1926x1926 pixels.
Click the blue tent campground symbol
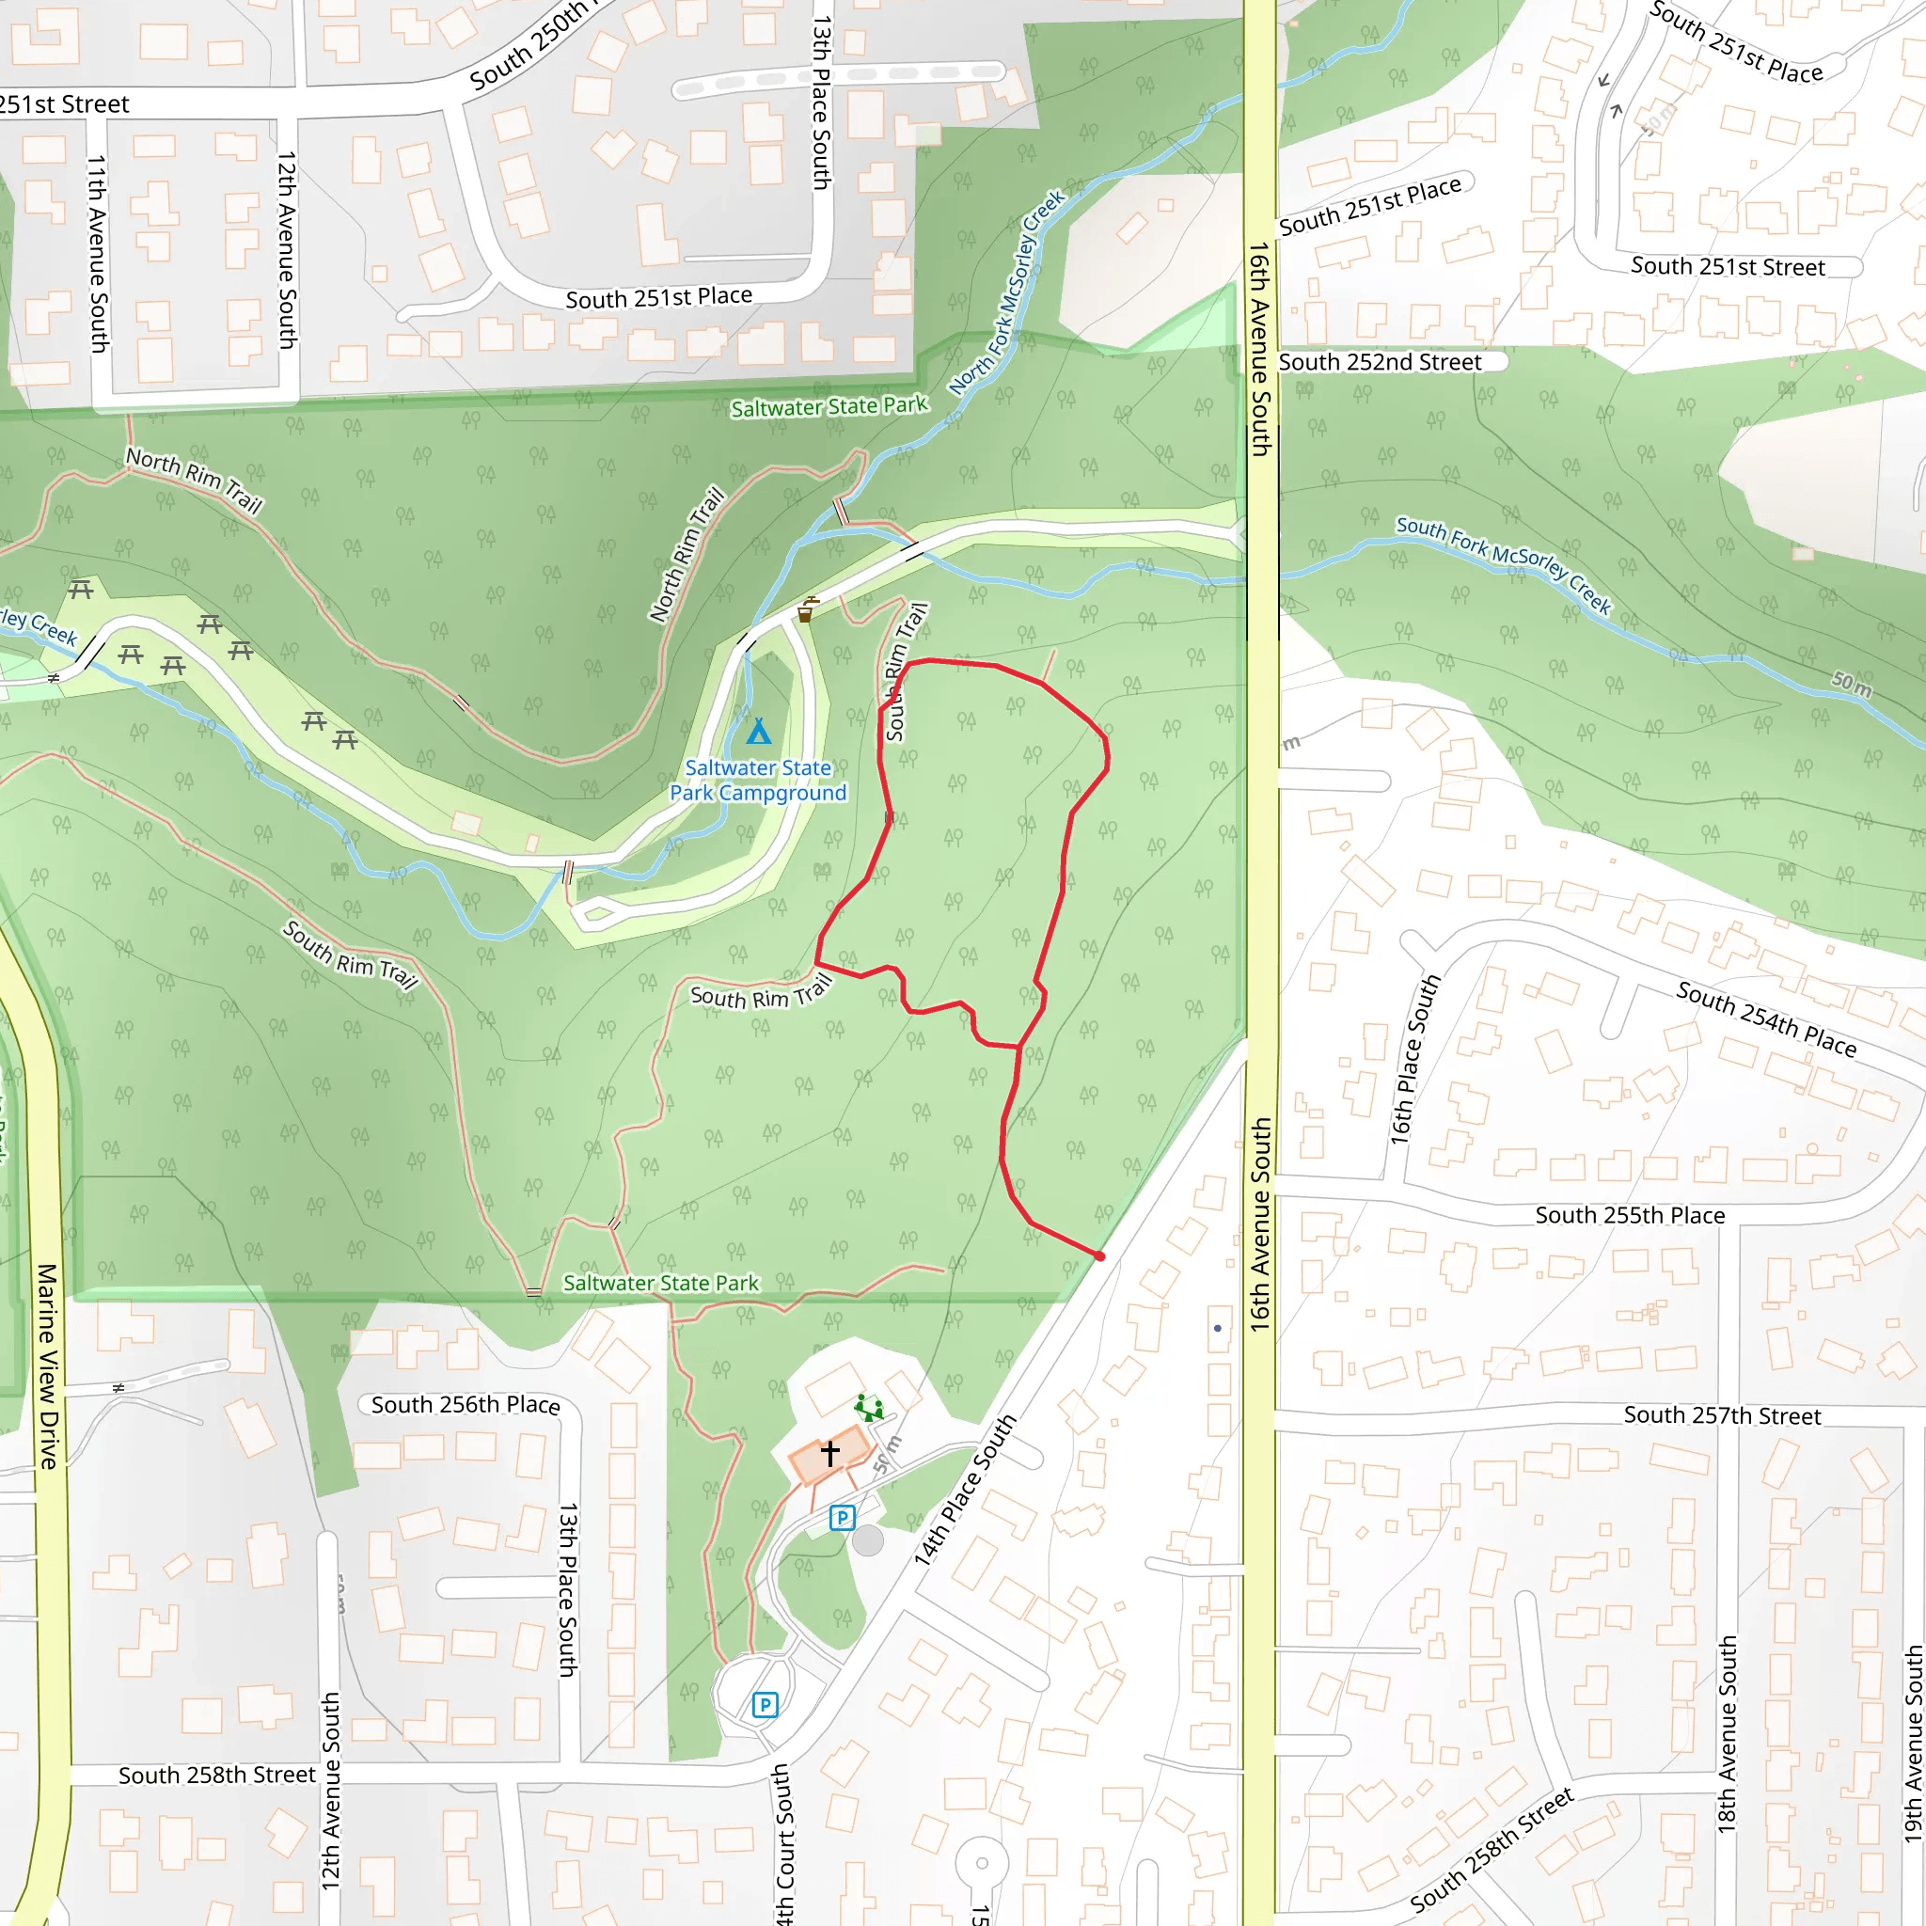click(759, 732)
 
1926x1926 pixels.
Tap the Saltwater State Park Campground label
click(758, 781)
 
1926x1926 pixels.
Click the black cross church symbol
click(830, 1452)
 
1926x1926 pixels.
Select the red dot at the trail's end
click(1099, 1257)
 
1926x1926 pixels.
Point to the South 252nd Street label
click(1380, 362)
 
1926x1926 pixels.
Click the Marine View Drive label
click(48, 1366)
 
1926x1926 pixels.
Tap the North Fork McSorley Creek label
click(1007, 292)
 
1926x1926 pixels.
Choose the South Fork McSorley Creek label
click(1504, 564)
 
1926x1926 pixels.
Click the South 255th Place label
click(1630, 1215)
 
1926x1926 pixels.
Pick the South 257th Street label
click(1723, 1415)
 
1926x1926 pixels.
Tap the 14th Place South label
click(965, 1490)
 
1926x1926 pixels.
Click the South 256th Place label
click(466, 1405)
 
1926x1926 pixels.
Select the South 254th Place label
click(1766, 1018)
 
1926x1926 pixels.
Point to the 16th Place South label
click(1414, 1059)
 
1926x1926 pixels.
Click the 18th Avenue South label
click(1728, 1733)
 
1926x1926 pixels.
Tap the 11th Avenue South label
click(97, 253)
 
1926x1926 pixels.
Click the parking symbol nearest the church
click(843, 1518)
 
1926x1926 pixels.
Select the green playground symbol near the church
click(869, 1408)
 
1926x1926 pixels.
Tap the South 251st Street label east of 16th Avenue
click(1728, 266)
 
